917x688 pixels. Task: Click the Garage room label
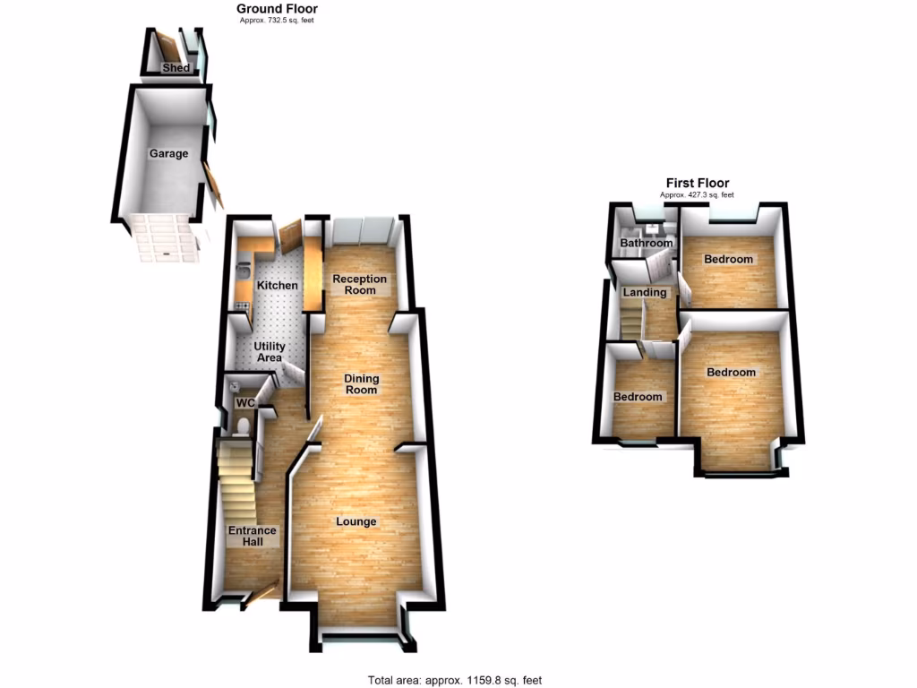(168, 153)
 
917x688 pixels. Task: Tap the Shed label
(175, 68)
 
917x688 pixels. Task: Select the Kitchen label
(278, 285)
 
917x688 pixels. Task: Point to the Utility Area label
(269, 351)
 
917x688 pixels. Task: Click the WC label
(245, 403)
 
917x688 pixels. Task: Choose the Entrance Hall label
(252, 536)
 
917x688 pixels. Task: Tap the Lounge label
(356, 521)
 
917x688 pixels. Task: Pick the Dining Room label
(361, 383)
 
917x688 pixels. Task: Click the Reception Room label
(360, 284)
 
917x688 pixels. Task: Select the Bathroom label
(646, 243)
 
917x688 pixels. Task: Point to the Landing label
(645, 292)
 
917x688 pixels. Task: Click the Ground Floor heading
(277, 8)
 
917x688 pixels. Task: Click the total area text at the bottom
(455, 679)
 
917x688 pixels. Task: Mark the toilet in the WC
(239, 428)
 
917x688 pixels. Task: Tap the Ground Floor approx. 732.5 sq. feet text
(277, 19)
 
